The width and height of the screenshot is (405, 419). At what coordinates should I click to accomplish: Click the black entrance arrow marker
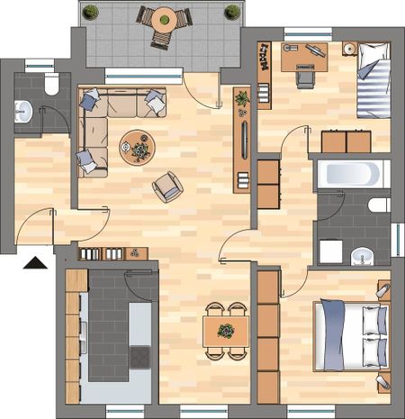tap(35, 264)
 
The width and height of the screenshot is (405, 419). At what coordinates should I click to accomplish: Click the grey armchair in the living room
tap(167, 187)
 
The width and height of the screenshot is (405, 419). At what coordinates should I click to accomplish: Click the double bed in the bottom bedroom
tap(351, 332)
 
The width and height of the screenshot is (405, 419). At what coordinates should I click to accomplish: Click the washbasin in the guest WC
tap(23, 113)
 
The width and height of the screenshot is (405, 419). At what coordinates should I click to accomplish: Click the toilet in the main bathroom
tap(379, 205)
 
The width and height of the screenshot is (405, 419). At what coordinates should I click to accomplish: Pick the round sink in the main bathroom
tap(362, 255)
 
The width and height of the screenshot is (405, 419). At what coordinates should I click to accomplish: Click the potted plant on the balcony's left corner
tap(91, 12)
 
